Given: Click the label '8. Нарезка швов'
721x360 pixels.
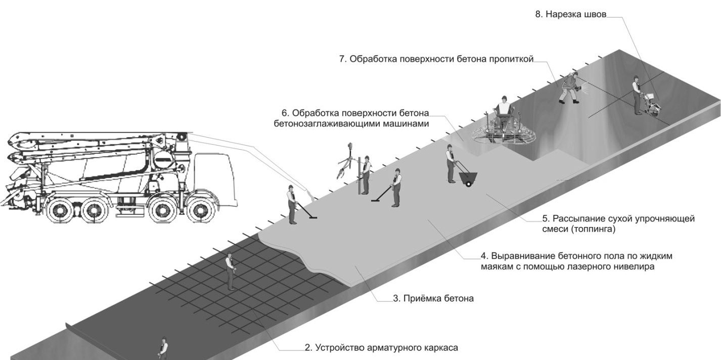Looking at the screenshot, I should point(570,14).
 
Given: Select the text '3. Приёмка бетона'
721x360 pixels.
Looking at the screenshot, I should point(433,298).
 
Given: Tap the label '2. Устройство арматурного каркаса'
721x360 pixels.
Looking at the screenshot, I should point(381,348).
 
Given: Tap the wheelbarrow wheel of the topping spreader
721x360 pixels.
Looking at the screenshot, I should point(468,184).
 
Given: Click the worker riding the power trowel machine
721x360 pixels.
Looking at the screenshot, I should point(503,109).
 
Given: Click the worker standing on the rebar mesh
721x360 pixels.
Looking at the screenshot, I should point(230,270).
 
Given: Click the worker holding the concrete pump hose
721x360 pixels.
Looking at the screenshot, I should point(292,204).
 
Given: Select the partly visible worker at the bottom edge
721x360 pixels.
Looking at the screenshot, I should point(163,348).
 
